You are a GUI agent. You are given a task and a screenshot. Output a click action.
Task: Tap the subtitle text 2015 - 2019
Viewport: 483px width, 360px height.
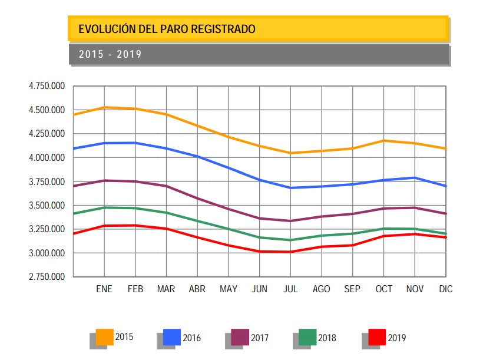[110, 54]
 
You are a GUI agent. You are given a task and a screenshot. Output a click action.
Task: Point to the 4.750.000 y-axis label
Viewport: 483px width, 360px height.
[47, 86]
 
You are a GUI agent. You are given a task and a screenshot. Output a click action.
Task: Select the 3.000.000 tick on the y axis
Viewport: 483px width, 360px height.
[47, 253]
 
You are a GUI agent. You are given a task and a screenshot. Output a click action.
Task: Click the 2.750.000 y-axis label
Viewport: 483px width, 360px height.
[47, 277]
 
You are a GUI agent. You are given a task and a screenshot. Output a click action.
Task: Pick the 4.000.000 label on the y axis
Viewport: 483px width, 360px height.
[47, 158]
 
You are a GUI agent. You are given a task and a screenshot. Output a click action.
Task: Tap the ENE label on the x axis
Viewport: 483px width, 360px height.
[104, 289]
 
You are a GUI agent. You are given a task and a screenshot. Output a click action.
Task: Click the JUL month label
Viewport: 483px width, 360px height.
[290, 289]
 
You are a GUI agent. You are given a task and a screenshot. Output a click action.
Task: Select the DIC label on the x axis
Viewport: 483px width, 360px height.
[445, 289]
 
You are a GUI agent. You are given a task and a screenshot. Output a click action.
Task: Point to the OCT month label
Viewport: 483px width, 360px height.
[383, 289]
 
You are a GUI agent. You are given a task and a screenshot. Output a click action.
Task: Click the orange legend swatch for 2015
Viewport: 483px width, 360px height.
[104, 337]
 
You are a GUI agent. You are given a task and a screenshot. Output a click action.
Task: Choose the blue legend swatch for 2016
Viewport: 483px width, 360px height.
[171, 337]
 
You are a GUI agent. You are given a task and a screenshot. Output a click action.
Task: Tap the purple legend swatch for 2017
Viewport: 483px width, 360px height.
[240, 337]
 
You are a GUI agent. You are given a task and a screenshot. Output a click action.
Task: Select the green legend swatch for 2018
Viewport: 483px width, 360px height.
[307, 337]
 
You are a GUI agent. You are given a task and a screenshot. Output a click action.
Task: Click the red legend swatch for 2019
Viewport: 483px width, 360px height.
[377, 337]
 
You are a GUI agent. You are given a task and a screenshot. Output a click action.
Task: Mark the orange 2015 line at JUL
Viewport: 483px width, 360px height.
[290, 153]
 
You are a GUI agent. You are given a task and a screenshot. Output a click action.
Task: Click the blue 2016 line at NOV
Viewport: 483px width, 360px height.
[415, 177]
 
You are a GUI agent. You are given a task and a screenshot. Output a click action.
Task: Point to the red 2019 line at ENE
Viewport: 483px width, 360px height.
[104, 226]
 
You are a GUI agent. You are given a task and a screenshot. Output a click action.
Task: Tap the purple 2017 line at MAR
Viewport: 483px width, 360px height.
[166, 186]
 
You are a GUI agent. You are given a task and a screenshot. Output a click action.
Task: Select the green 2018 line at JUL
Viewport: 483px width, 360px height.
[290, 240]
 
